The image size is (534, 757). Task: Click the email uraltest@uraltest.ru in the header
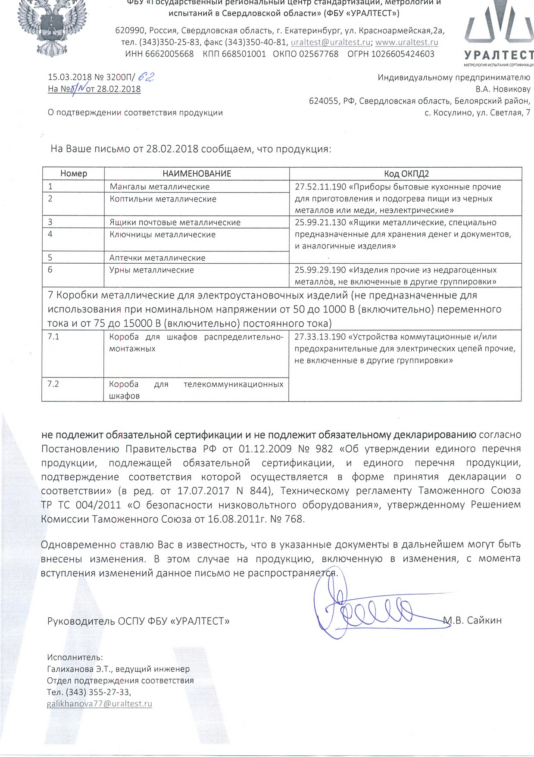click(x=331, y=42)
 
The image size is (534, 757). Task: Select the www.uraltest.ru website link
click(x=407, y=42)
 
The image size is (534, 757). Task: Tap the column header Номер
click(x=74, y=174)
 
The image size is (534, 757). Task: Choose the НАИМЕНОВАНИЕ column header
click(x=197, y=174)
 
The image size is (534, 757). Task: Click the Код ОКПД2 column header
click(x=406, y=174)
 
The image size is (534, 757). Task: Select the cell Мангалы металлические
click(x=159, y=187)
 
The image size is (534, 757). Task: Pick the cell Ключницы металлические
click(x=162, y=234)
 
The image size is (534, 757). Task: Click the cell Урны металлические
click(x=152, y=270)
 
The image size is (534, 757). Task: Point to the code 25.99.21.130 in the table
click(x=321, y=222)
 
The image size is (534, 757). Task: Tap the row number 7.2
click(x=53, y=384)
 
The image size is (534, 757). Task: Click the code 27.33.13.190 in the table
click(x=320, y=336)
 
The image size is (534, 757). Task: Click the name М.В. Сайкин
click(x=473, y=620)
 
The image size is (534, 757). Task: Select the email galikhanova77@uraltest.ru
click(x=100, y=704)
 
